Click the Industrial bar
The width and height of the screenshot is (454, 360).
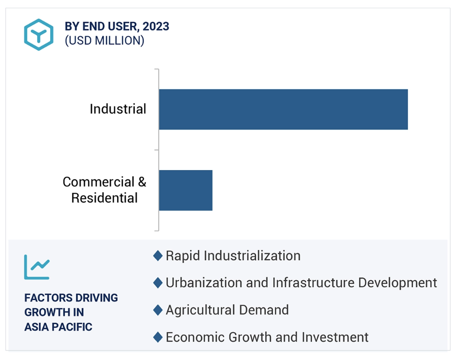(283, 109)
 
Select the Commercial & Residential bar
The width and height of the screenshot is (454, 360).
(185, 190)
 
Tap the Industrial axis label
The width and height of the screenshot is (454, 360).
(118, 109)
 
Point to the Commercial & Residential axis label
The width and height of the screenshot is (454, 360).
(104, 190)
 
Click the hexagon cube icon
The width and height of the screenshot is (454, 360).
(39, 35)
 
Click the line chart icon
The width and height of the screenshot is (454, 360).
(37, 267)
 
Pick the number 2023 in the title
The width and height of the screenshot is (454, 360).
(156, 26)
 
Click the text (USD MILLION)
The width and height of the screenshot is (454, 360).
(105, 41)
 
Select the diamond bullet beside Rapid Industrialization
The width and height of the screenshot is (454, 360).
(158, 256)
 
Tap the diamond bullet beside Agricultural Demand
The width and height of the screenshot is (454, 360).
(158, 310)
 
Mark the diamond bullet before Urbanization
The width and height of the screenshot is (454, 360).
(158, 283)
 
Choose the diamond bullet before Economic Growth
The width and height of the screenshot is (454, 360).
(158, 337)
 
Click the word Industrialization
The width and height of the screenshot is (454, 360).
(252, 256)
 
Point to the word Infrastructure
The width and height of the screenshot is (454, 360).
(313, 283)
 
